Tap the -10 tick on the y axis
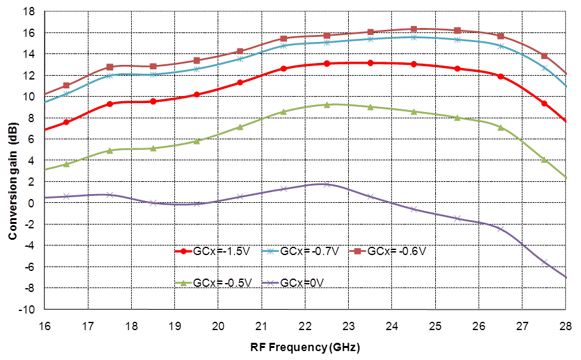pos(27,310)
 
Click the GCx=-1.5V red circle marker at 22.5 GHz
pos(326,64)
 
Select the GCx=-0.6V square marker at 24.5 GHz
pos(414,29)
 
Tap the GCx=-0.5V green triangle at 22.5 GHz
pos(326,105)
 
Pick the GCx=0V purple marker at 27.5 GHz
pos(544,262)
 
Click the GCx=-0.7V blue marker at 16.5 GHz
pos(66,93)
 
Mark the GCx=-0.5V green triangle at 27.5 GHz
pos(544,160)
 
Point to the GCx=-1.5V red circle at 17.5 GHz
pos(109,104)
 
